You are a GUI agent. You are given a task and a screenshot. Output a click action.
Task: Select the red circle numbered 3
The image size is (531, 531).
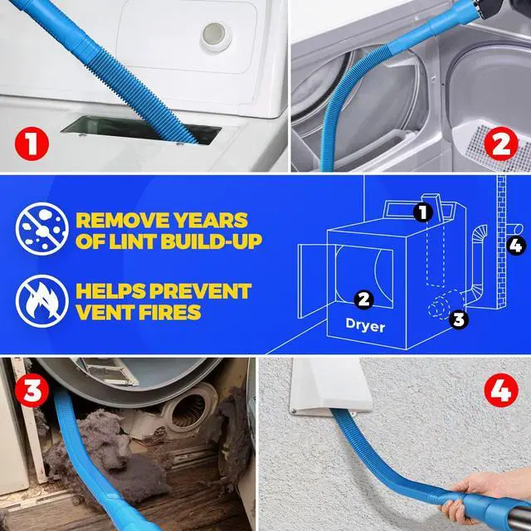(30, 392)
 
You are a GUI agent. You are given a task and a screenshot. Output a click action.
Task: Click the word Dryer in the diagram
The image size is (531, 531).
(366, 326)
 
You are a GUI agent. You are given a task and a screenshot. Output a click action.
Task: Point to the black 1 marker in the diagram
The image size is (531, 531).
(424, 213)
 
